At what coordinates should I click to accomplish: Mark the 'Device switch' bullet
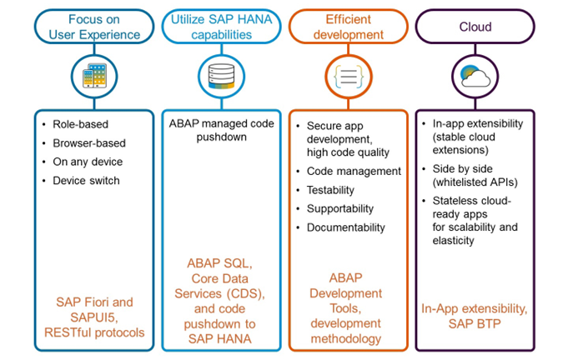[x=86, y=180]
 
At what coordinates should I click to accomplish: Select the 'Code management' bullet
[x=354, y=172]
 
